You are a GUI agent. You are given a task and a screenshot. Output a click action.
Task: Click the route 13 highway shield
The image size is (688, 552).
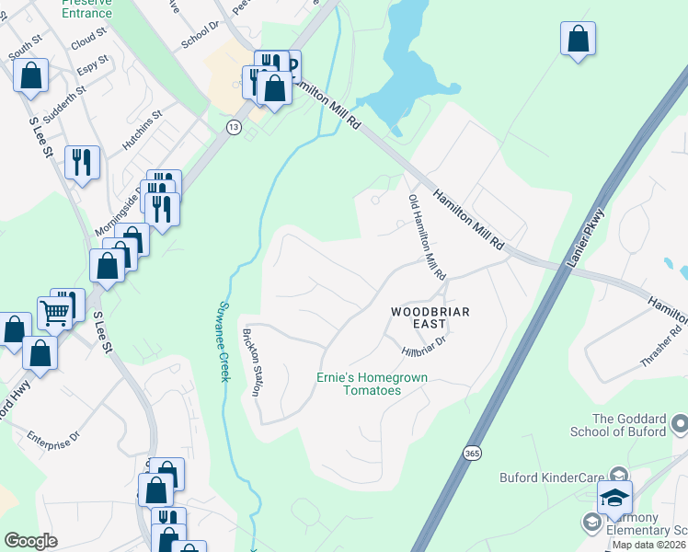[235, 128]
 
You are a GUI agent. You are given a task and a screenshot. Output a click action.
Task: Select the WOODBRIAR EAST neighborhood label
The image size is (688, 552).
[430, 318]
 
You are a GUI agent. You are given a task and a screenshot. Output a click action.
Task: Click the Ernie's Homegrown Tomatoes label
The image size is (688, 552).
[359, 384]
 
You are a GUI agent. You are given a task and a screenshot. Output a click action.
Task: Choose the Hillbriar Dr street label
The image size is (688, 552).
[423, 347]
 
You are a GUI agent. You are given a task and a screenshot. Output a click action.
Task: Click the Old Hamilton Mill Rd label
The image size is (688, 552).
[426, 237]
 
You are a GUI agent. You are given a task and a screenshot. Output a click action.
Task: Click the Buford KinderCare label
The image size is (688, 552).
[553, 477]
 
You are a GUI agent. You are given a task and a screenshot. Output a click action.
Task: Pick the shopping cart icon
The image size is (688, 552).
[55, 313]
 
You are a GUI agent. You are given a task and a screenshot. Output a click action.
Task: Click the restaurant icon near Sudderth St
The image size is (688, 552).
[83, 163]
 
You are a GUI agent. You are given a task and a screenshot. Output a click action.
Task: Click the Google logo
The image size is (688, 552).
[30, 540]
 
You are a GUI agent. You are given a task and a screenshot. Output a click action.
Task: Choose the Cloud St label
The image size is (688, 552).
[89, 43]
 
